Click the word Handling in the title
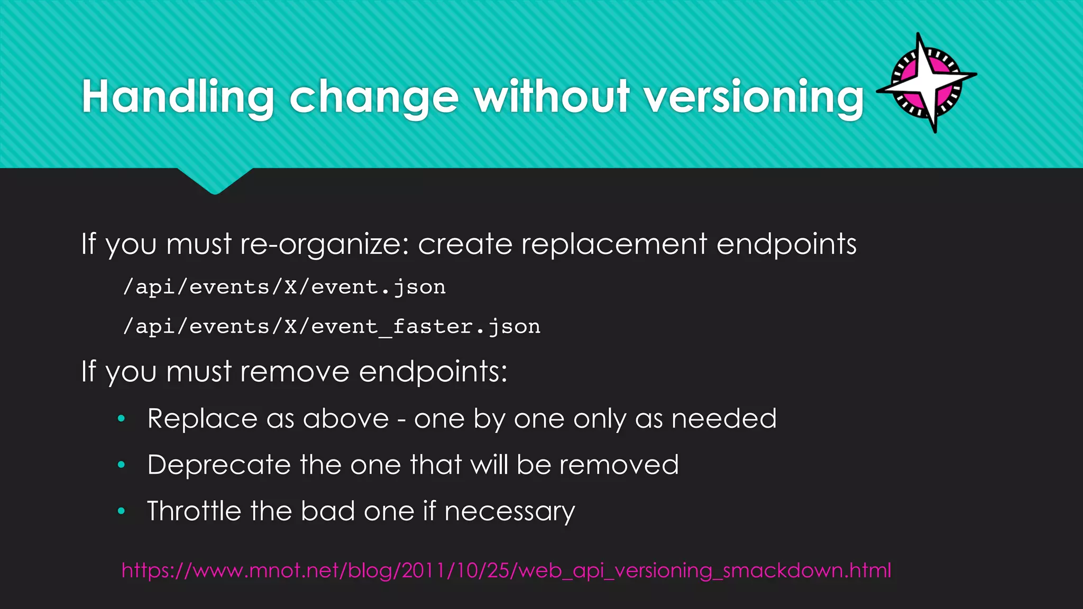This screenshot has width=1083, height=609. click(x=178, y=97)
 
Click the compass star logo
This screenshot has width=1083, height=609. click(x=927, y=83)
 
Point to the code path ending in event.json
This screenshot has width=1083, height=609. click(x=284, y=287)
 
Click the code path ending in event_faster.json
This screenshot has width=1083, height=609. click(x=332, y=327)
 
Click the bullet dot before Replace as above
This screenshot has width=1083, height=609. click(x=121, y=419)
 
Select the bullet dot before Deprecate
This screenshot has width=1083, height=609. click(x=121, y=465)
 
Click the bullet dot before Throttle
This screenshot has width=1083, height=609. click(x=121, y=511)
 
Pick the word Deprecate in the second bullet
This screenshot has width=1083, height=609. click(x=218, y=465)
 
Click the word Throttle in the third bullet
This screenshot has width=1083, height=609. click(x=194, y=511)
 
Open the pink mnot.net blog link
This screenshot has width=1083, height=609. click(x=506, y=570)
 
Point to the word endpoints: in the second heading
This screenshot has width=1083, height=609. click(x=433, y=372)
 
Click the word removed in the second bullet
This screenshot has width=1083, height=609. click(x=619, y=465)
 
